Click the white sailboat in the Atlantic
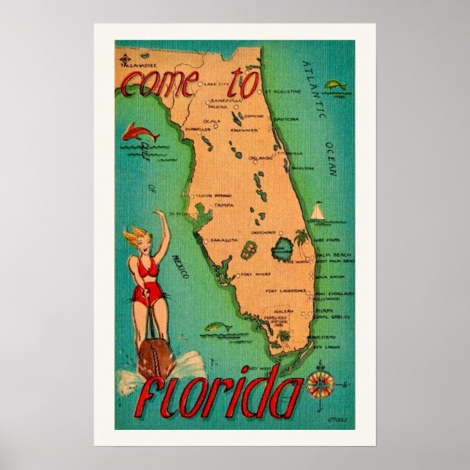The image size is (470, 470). click(x=318, y=212)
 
